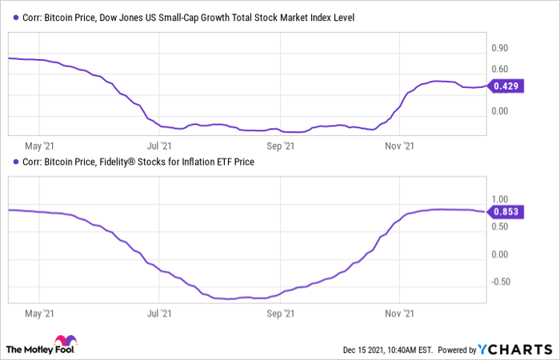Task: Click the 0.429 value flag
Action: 507,86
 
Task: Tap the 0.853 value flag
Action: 507,211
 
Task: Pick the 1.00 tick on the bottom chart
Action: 500,199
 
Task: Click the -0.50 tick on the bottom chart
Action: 498,281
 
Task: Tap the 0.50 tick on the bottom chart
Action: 500,226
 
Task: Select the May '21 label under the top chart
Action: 38,146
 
